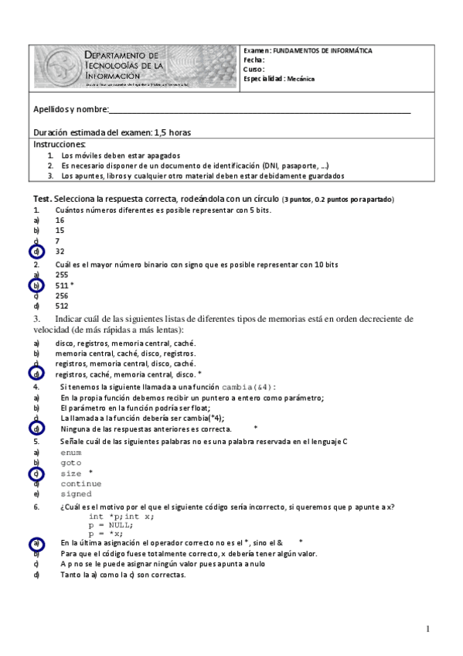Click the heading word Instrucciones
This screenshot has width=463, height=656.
60,145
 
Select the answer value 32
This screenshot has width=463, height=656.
60,251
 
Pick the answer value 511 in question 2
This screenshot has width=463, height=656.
62,285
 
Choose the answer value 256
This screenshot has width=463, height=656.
62,296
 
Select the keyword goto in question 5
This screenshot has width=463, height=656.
70,462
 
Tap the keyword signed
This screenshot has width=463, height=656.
76,494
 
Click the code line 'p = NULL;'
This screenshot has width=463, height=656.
111,524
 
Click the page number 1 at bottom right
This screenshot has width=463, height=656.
427,629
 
